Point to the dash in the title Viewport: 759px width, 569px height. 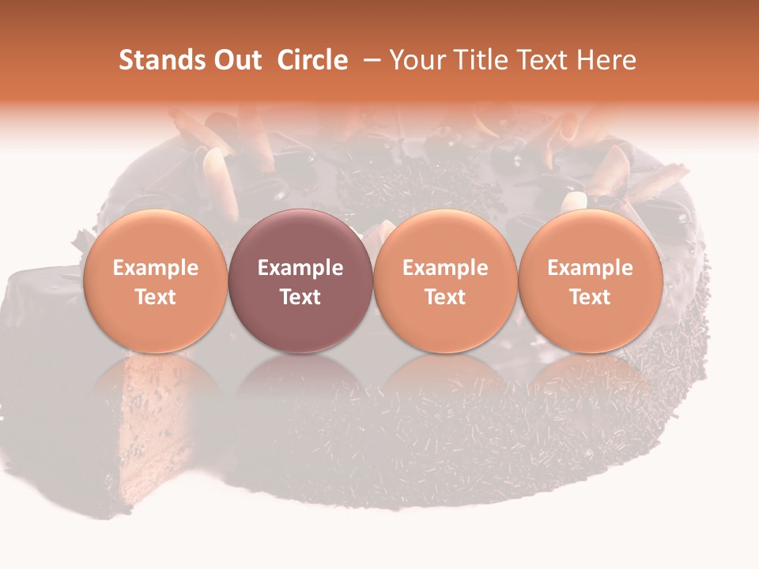click(x=370, y=60)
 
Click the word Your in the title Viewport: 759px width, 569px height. click(x=414, y=60)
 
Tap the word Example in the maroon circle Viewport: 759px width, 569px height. click(x=300, y=268)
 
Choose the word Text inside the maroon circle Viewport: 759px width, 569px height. click(x=300, y=297)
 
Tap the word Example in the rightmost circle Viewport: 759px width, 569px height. click(x=591, y=268)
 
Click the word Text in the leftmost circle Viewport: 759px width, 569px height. click(x=155, y=297)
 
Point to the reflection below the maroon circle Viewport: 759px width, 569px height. click(x=300, y=387)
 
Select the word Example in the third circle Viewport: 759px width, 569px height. click(x=445, y=268)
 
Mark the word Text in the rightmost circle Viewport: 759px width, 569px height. click(x=591, y=297)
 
